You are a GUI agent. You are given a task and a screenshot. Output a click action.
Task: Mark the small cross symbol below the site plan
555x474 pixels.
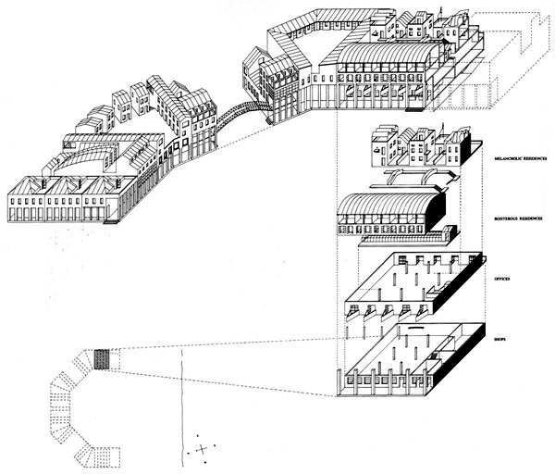tap(200, 450)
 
